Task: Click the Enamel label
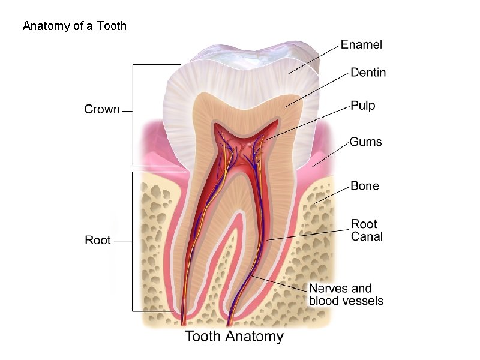[361, 44]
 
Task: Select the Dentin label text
[368, 73]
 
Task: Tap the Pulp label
[362, 106]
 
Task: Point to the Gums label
[365, 142]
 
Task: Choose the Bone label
[365, 186]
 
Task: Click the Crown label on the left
[102, 110]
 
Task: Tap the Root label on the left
[98, 240]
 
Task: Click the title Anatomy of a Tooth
[74, 26]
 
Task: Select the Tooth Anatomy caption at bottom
[234, 335]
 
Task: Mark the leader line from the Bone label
[334, 193]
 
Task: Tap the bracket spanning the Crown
[133, 114]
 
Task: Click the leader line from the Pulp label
[309, 124]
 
